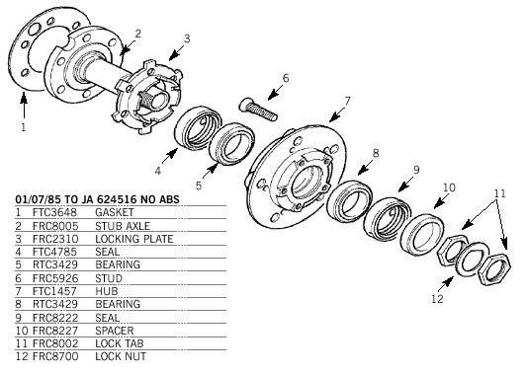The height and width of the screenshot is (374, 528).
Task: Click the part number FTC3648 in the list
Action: click(x=54, y=212)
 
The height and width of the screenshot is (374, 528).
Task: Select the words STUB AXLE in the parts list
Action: click(x=123, y=226)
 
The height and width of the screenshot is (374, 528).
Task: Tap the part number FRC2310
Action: click(x=55, y=239)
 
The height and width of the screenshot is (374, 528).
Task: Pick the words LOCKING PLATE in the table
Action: click(x=134, y=239)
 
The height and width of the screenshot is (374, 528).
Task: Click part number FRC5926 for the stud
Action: click(x=55, y=278)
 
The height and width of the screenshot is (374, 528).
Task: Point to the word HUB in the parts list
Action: click(x=107, y=291)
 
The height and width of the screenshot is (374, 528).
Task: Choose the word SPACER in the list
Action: click(x=115, y=331)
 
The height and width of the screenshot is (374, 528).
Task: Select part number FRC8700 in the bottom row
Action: click(x=55, y=356)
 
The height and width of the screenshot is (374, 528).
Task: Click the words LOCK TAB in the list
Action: click(x=120, y=343)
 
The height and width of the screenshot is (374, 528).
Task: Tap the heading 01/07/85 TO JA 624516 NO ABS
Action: click(x=97, y=199)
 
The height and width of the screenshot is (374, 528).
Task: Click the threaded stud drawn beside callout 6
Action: click(x=258, y=109)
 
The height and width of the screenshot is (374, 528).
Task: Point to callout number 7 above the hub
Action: click(x=347, y=101)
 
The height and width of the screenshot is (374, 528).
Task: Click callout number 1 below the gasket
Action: click(x=23, y=127)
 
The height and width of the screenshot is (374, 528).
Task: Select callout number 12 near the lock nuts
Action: click(x=437, y=299)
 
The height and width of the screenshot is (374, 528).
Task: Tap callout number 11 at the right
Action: click(x=499, y=193)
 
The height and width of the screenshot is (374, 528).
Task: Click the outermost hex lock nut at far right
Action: click(x=494, y=269)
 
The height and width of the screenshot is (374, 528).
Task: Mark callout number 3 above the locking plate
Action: click(x=187, y=38)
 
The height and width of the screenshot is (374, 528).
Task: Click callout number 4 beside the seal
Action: click(x=157, y=171)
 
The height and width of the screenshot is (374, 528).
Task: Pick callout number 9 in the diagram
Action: click(x=416, y=170)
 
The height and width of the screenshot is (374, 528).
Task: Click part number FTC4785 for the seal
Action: click(x=54, y=252)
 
